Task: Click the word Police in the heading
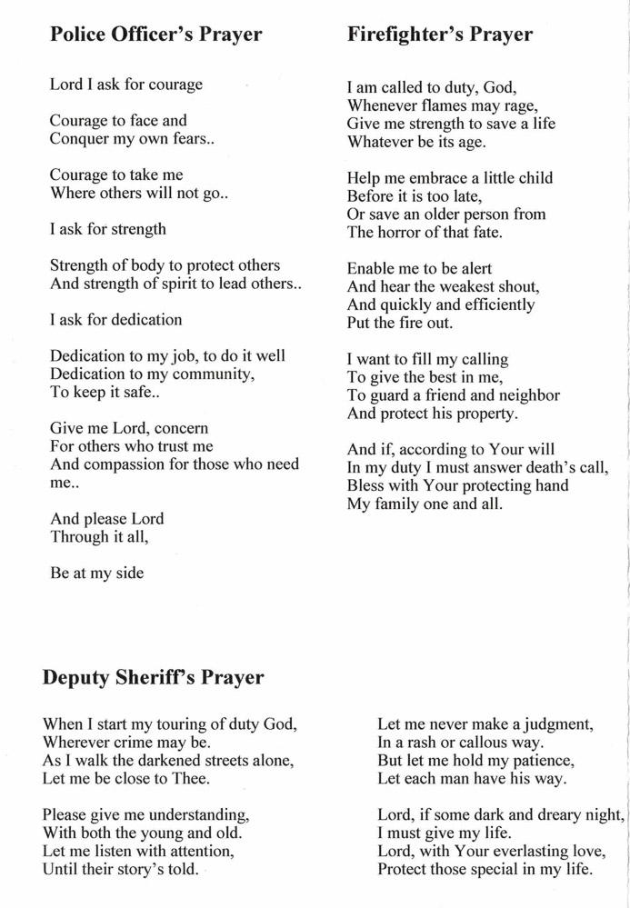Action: tap(78, 35)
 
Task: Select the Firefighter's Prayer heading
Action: tap(439, 35)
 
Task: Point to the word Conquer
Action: tap(80, 139)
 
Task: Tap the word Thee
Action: tap(191, 779)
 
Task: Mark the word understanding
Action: tap(187, 814)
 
